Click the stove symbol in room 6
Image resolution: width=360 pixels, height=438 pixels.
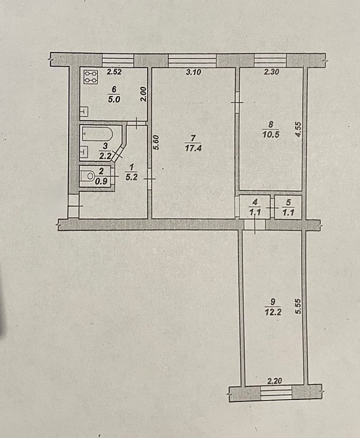click(91, 77)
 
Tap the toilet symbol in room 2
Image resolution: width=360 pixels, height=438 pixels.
click(88, 176)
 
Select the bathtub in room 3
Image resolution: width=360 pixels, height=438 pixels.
click(97, 135)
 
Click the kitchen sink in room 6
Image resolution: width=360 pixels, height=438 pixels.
click(84, 112)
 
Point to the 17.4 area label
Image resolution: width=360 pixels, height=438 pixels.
click(193, 148)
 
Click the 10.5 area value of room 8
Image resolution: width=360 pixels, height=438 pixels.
click(270, 135)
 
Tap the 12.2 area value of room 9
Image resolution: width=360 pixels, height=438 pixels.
click(272, 312)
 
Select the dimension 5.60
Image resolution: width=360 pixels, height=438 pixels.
click(156, 143)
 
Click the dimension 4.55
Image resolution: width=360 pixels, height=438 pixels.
click(299, 129)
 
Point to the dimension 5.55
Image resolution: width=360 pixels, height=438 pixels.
click(298, 307)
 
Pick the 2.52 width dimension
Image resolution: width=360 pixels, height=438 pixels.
click(114, 72)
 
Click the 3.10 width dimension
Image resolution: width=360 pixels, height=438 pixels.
click(193, 72)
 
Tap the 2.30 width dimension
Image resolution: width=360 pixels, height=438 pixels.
click(272, 72)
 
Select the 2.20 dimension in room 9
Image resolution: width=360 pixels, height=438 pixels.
click(274, 380)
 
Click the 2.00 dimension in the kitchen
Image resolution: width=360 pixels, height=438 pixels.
click(143, 94)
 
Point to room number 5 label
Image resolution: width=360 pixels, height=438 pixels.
click(289, 202)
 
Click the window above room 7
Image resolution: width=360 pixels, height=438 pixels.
click(192, 60)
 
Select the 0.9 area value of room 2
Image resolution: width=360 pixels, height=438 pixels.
click(101, 181)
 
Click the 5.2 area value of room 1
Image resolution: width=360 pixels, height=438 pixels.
click(131, 177)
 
